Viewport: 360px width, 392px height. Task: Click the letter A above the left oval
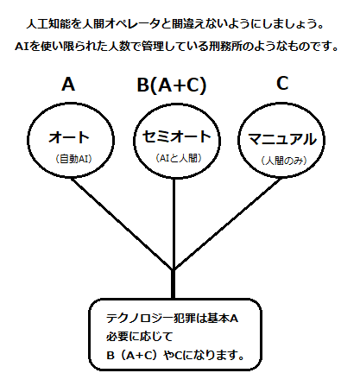click(68, 85)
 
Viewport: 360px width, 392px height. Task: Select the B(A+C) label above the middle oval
click(172, 85)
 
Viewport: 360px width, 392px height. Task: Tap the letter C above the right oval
click(282, 84)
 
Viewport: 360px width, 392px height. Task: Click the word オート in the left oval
click(69, 137)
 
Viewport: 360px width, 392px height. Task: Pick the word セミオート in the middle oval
click(177, 136)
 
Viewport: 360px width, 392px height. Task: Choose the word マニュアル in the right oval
click(282, 139)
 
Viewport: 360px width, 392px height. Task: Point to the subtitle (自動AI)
click(73, 159)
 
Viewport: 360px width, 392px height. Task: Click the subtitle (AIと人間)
click(179, 158)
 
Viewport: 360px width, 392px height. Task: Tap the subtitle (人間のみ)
click(284, 161)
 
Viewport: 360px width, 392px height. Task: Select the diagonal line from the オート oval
click(123, 224)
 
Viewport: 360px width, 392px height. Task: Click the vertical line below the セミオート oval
click(174, 224)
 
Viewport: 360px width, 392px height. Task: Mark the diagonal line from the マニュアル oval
click(227, 224)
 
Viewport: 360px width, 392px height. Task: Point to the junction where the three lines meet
click(174, 269)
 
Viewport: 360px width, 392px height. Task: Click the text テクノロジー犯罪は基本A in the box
click(172, 319)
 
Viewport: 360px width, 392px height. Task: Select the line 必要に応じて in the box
click(139, 336)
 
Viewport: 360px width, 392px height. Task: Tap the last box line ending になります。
click(175, 355)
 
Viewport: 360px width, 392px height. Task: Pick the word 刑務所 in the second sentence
click(225, 47)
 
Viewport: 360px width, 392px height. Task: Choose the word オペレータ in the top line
click(133, 24)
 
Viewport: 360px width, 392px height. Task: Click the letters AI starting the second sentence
click(22, 47)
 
